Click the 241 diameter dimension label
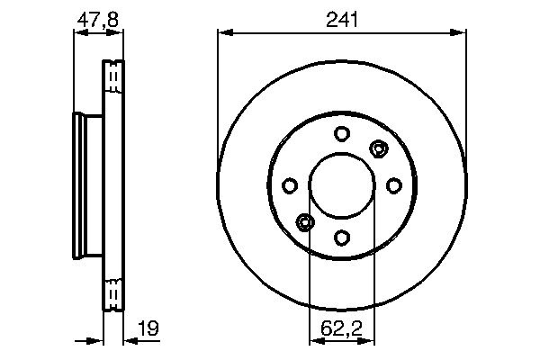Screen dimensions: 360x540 [341, 18]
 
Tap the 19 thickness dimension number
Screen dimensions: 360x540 [148, 330]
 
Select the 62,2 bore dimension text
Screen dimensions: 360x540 [341, 330]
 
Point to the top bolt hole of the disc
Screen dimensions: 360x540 [341, 134]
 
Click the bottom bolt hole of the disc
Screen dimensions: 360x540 [341, 238]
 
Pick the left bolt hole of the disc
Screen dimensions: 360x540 [290, 185]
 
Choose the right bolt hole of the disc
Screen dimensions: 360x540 [393, 185]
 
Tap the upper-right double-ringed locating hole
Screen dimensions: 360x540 [378, 148]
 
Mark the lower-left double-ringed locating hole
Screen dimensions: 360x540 [305, 222]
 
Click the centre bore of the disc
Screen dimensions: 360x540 [341, 185]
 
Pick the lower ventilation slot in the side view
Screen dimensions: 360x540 [113, 294]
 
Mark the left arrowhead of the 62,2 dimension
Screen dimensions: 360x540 [315, 340]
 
